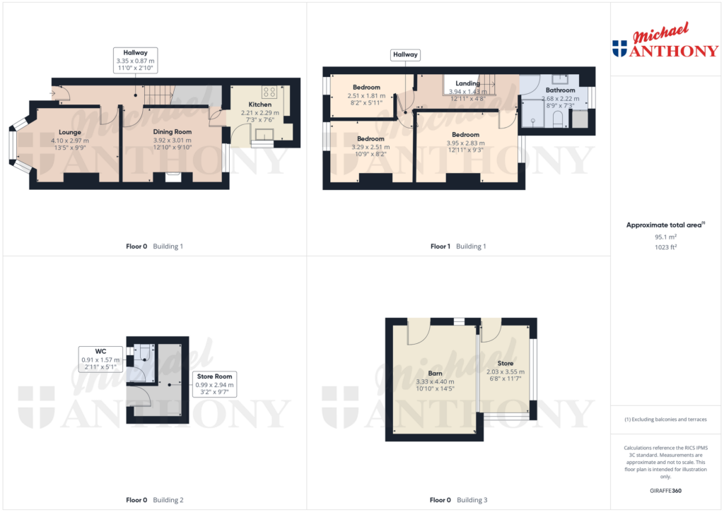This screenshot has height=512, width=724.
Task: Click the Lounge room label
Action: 70,132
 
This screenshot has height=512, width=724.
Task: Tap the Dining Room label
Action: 173,132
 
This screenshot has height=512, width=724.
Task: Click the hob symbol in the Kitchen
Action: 269,92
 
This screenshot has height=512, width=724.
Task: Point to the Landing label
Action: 468,83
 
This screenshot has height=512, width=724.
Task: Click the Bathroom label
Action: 560,90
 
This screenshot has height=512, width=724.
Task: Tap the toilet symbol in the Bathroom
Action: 558,118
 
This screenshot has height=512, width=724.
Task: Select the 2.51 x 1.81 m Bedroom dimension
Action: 368,95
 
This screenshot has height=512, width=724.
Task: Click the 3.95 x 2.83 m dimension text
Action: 465,143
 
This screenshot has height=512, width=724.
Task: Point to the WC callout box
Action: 100,359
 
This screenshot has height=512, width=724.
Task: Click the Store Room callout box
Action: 215,385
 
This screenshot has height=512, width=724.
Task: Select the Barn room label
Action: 435,374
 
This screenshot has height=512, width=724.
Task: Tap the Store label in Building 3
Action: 505,363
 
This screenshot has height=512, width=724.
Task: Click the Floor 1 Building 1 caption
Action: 458,246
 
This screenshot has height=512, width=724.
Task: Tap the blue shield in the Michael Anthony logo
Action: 619,48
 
